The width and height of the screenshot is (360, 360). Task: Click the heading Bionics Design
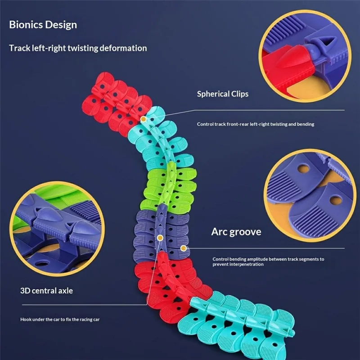tap(43, 24)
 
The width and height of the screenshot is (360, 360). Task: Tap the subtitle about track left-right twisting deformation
tap(78, 48)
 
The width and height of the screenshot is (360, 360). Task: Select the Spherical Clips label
tap(223, 94)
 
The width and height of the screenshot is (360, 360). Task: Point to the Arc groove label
tap(236, 232)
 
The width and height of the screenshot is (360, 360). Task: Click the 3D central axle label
tap(47, 291)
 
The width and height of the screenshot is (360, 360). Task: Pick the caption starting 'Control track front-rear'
tap(256, 124)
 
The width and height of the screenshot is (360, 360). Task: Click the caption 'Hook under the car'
tap(60, 319)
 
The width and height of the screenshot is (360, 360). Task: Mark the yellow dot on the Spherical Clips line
tap(143, 119)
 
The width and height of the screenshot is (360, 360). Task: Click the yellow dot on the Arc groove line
tap(183, 247)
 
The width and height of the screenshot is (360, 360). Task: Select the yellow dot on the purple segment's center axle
tap(160, 237)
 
